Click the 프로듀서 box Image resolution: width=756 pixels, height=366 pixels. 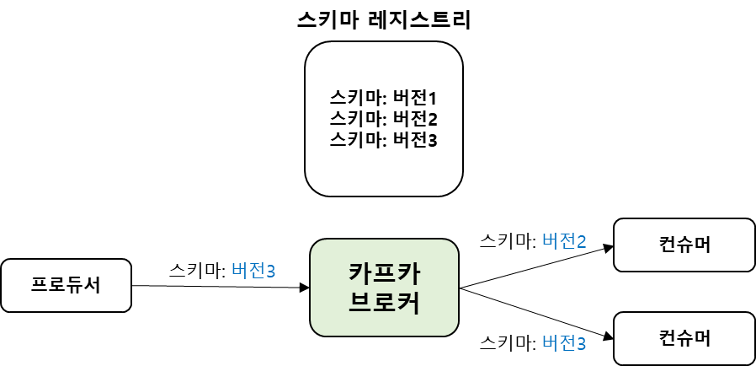coord(66,285)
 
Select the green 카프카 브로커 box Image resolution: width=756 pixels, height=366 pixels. coord(384,288)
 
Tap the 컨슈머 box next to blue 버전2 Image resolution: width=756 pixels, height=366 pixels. coord(684,245)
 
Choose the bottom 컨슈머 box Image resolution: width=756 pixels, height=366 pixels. coord(684,338)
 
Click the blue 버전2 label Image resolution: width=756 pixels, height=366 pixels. coord(564,241)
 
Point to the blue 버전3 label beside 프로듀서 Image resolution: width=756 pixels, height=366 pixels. coord(253,271)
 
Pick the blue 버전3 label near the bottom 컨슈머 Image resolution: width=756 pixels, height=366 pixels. coord(564,342)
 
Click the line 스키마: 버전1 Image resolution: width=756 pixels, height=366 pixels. coord(384,97)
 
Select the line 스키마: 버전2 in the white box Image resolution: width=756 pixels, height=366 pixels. coord(384,118)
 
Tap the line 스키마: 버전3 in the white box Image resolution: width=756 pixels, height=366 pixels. coord(384,139)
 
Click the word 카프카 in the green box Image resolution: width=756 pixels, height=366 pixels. coord(384,274)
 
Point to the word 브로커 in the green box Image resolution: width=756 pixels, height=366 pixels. coord(384,302)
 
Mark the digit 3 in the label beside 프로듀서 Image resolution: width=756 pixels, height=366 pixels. coord(270,272)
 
